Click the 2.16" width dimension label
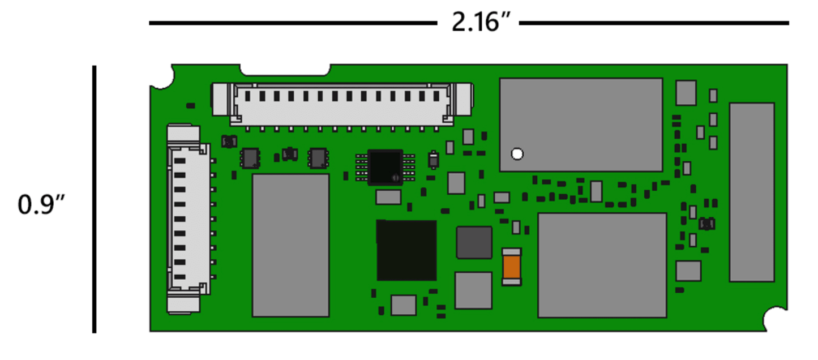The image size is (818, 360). [x=477, y=23]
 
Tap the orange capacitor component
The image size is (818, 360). [x=511, y=267]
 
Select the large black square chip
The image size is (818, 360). [x=406, y=250]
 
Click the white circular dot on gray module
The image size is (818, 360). [x=516, y=153]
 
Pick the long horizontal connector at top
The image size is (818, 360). [x=342, y=103]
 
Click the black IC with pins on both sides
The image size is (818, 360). [x=385, y=167]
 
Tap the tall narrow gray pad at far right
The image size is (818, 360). [x=751, y=192]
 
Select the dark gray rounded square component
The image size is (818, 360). [x=474, y=242]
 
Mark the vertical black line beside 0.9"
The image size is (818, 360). [x=94, y=199]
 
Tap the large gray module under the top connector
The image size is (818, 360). [x=290, y=245]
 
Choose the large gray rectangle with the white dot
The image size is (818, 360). [x=581, y=125]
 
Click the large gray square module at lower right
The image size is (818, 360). [x=602, y=265]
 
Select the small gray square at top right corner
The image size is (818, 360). [x=686, y=93]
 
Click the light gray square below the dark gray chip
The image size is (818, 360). [x=473, y=290]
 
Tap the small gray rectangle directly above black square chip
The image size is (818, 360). [x=388, y=197]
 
